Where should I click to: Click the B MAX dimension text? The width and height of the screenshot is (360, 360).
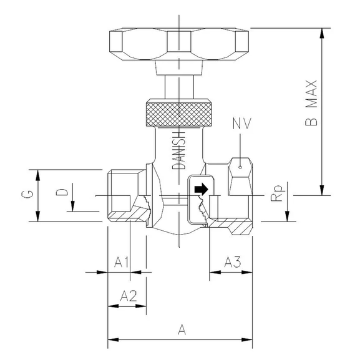[x=313, y=104]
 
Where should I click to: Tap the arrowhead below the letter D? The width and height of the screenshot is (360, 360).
[x=73, y=208]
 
